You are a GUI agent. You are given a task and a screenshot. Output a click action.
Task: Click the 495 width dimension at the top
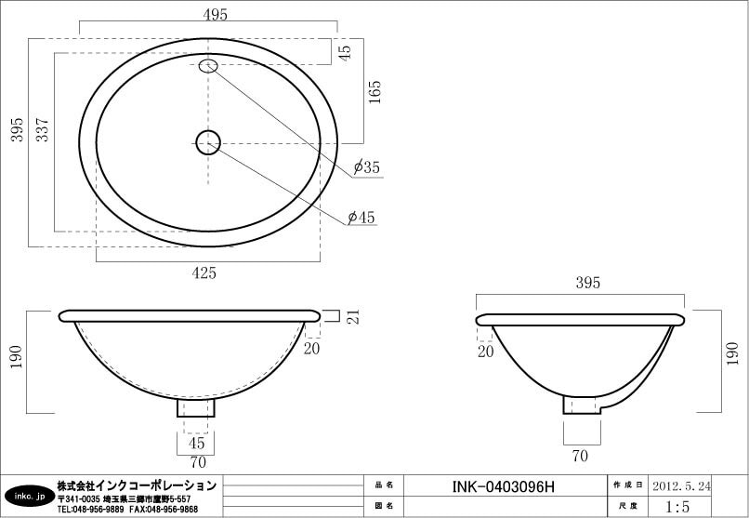(x=215, y=15)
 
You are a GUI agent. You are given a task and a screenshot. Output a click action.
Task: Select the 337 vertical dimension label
(x=43, y=129)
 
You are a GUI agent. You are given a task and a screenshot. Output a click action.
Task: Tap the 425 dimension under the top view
(x=204, y=272)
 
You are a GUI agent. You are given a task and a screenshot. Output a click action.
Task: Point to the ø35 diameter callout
(x=367, y=167)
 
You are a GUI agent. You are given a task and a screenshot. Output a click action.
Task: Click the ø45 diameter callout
(x=361, y=218)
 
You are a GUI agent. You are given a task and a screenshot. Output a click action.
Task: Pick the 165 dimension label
(x=375, y=92)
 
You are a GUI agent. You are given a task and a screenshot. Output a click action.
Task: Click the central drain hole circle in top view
(x=208, y=142)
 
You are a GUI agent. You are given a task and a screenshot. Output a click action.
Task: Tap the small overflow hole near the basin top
(x=208, y=66)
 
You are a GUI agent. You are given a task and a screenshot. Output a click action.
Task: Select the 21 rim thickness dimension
(x=353, y=317)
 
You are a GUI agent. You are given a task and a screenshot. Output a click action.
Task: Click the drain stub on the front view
(x=196, y=407)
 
